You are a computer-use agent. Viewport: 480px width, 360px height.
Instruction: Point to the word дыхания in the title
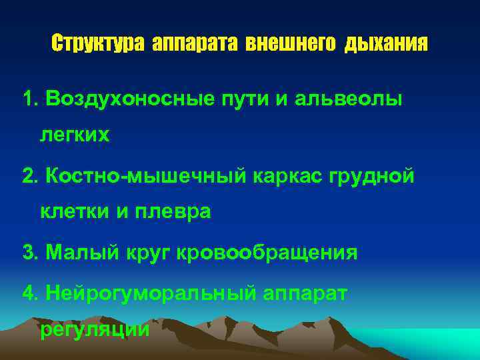(386, 45)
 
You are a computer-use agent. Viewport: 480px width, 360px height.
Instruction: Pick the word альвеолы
(347, 100)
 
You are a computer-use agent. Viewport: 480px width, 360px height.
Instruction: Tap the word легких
(75, 135)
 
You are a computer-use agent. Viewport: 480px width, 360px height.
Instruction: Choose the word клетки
(75, 212)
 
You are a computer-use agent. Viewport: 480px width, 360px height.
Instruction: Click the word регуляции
(95, 330)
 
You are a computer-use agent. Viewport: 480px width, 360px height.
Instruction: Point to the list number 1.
(29, 100)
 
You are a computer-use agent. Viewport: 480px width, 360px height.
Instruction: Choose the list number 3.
(29, 253)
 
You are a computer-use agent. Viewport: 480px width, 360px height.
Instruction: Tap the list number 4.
(29, 294)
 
